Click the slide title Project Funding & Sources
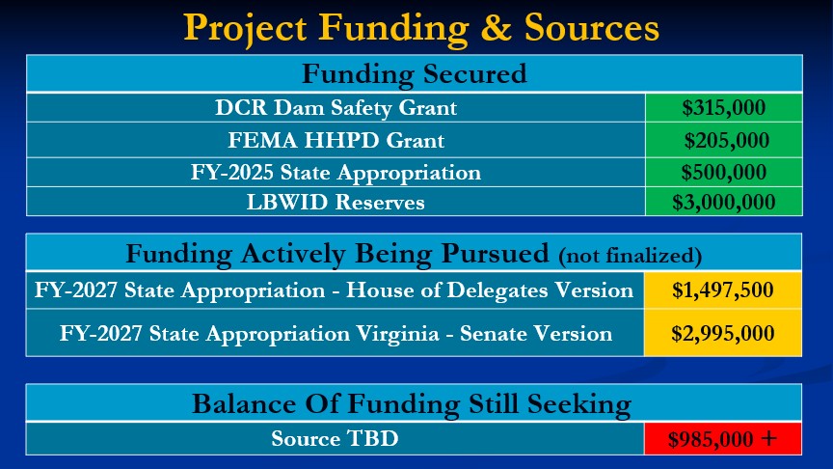(x=421, y=28)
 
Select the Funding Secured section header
(x=415, y=74)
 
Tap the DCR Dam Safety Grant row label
(x=336, y=108)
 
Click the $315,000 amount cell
(x=723, y=108)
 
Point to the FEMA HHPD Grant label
(x=336, y=140)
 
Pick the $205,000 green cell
(x=723, y=140)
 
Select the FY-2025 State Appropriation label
(x=336, y=173)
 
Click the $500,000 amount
(x=723, y=173)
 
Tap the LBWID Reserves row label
(x=336, y=202)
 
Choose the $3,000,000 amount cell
(x=723, y=202)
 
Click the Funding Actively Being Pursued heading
(x=337, y=254)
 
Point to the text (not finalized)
(x=631, y=256)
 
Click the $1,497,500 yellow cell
(x=722, y=290)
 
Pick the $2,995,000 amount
(x=722, y=333)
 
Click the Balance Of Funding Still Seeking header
(x=412, y=404)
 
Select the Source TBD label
(x=335, y=439)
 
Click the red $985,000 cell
(x=722, y=439)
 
